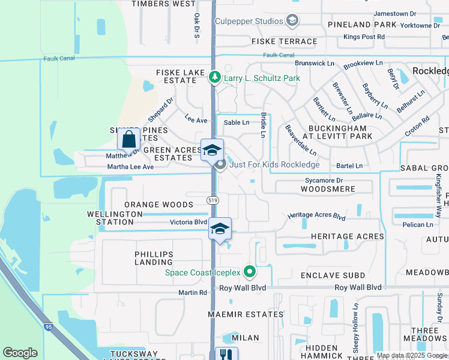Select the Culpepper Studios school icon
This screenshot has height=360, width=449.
pos(292,22)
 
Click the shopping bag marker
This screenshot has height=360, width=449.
pos(129,140)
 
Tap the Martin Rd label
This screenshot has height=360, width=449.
pos(192,292)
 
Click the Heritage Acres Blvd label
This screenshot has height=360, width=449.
pos(316,215)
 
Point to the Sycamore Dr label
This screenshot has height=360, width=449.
pos(323,180)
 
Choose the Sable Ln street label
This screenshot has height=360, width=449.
pos(236,122)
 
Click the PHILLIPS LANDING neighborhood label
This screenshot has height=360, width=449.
pos(154,258)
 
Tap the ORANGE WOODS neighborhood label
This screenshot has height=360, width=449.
pos(158,205)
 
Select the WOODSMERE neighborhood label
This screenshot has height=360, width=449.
pos(327,189)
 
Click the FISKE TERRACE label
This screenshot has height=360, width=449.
pos(284,41)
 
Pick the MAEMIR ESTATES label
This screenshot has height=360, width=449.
pos(246,314)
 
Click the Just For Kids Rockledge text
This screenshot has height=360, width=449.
pos(274,164)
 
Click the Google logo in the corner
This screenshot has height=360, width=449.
pos(20,353)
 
